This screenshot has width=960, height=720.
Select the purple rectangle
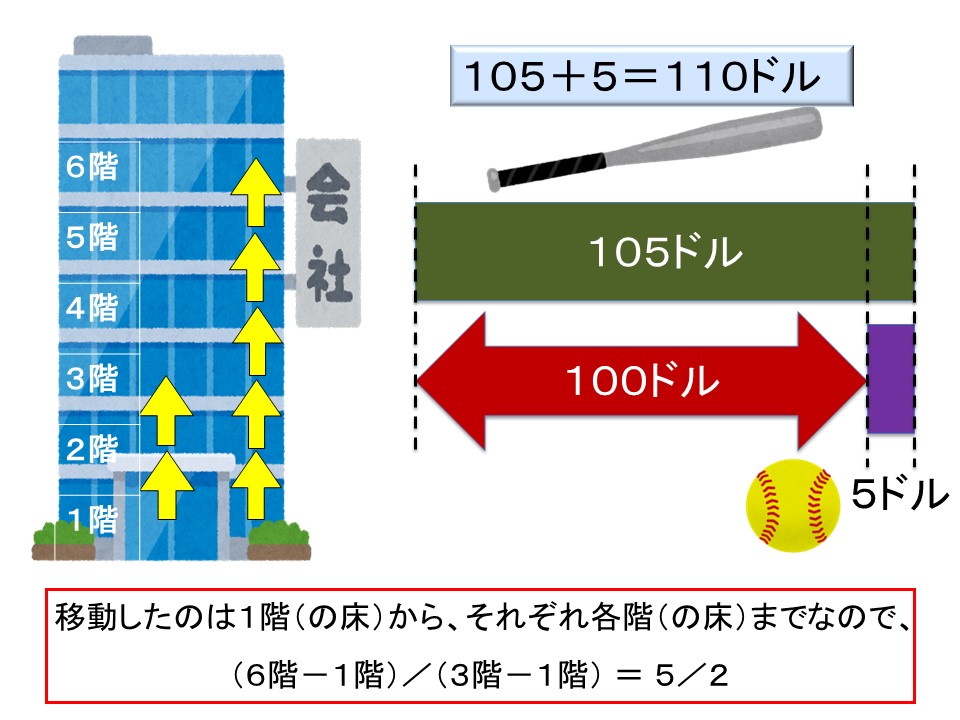[890, 378]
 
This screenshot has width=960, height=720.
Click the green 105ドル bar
[664, 252]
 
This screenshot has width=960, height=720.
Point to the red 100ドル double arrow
[640, 381]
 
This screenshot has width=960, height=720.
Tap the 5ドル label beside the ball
[898, 493]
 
